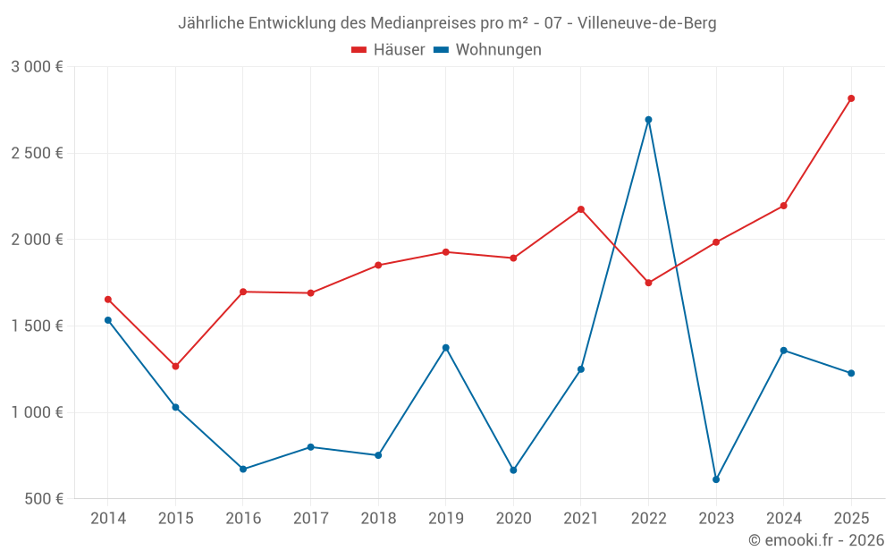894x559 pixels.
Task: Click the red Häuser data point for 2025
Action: (851, 98)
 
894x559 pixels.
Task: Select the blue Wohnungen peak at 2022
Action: (648, 120)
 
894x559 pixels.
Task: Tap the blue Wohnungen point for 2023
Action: (716, 479)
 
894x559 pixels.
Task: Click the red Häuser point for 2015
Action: (175, 366)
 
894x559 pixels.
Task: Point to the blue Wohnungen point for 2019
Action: (446, 347)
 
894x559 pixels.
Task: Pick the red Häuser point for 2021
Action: (581, 209)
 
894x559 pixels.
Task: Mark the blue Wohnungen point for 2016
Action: (243, 469)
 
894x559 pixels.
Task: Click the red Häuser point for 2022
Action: (648, 283)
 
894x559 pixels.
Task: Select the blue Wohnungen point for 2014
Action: (108, 320)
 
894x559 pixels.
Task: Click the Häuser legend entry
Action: (388, 50)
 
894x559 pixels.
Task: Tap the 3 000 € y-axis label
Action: (38, 67)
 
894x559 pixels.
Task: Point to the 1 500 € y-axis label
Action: (38, 326)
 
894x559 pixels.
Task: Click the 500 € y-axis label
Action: (43, 499)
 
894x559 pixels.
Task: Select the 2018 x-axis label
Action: (378, 519)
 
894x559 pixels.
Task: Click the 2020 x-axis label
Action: (513, 519)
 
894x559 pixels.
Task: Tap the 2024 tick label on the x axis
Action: (783, 519)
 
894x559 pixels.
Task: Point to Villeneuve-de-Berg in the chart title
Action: (647, 23)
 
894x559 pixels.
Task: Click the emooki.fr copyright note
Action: (815, 540)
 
